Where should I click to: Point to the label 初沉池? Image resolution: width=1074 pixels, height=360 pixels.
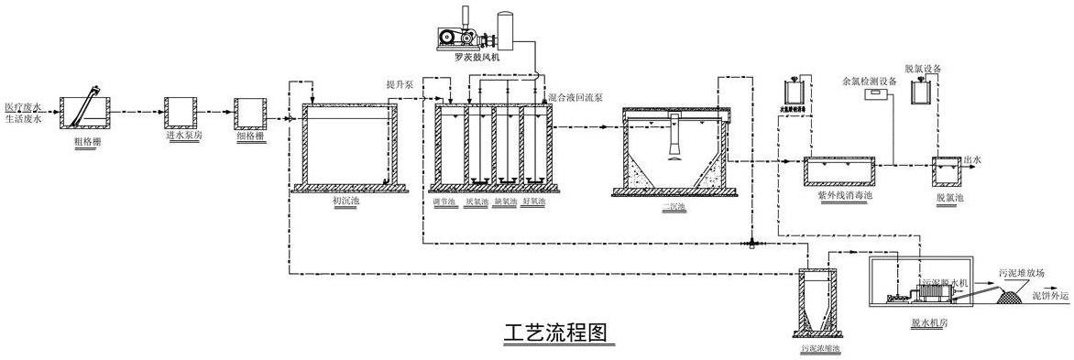click(x=347, y=201)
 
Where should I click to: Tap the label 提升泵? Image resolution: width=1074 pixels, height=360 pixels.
click(x=400, y=84)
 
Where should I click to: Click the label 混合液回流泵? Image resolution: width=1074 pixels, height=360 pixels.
click(x=575, y=96)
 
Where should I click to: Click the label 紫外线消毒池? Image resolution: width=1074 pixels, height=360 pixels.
click(x=838, y=194)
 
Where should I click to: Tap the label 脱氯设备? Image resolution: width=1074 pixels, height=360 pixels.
click(x=923, y=69)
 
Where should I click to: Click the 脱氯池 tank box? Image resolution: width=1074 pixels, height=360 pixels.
click(x=946, y=170)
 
